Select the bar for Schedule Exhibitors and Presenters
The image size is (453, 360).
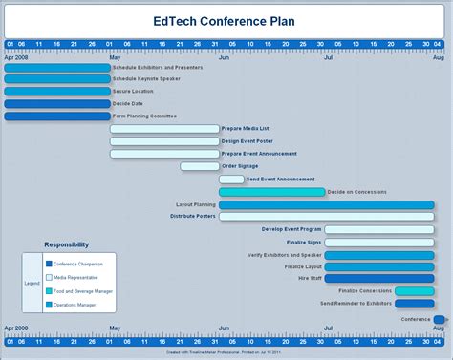tap(57, 68)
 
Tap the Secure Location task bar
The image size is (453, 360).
tap(57, 92)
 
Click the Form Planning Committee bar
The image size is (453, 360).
tap(57, 116)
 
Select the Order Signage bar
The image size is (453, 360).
tap(200, 166)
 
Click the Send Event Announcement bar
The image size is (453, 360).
tap(231, 179)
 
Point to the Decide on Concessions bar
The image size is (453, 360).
tap(271, 192)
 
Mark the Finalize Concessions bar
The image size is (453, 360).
tap(414, 291)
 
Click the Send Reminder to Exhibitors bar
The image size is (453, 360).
tap(414, 304)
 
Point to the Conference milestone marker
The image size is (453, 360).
tap(439, 319)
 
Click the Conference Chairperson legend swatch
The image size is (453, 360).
tap(49, 264)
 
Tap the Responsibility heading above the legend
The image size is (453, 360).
tap(67, 244)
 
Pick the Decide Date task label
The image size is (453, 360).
tap(128, 104)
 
